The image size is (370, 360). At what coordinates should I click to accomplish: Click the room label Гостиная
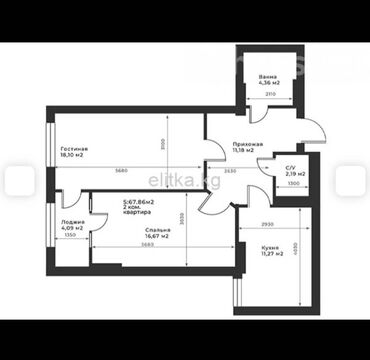pyautogui.click(x=71, y=148)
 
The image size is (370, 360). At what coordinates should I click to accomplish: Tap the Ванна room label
pyautogui.click(x=267, y=76)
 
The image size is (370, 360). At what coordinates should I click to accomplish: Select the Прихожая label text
pyautogui.click(x=248, y=144)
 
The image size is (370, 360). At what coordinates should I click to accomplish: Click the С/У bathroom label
pyautogui.click(x=290, y=169)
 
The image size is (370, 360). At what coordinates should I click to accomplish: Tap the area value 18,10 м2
pyautogui.click(x=72, y=156)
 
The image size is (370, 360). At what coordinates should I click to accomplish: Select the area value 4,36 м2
pyautogui.click(x=268, y=84)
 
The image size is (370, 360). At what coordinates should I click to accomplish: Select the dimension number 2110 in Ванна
pyautogui.click(x=269, y=93)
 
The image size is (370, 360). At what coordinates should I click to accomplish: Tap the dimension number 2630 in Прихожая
pyautogui.click(x=231, y=171)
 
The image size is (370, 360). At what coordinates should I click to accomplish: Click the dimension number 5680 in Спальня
pyautogui.click(x=147, y=245)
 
